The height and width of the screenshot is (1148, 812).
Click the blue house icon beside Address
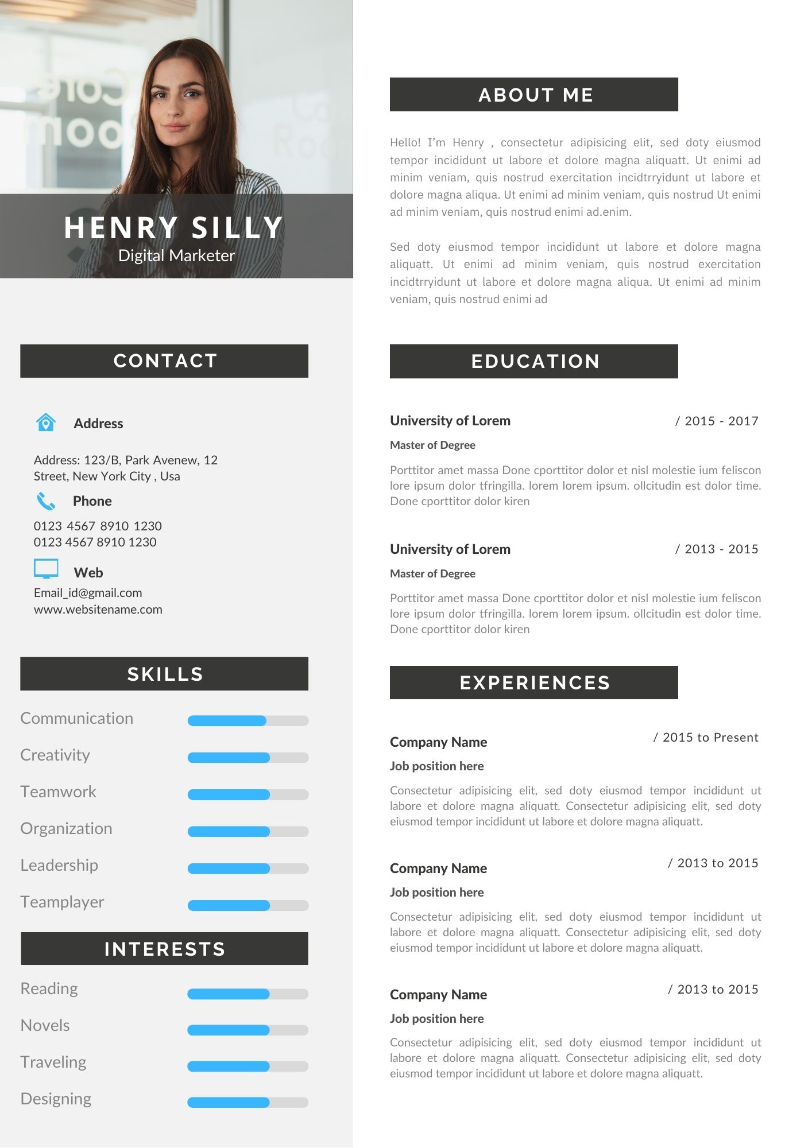[46, 422]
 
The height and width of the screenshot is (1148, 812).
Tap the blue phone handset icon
[46, 501]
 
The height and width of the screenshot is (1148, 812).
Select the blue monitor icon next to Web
[46, 569]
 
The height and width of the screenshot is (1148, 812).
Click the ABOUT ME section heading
[533, 95]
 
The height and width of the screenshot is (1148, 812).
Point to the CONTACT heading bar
[164, 361]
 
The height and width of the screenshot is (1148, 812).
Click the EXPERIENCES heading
[533, 682]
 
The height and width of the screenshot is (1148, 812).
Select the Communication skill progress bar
[248, 721]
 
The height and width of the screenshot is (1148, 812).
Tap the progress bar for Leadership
[248, 868]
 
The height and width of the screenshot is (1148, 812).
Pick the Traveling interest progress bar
[248, 1066]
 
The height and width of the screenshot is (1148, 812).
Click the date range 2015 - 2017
[717, 421]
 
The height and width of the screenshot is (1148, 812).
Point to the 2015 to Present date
[706, 738]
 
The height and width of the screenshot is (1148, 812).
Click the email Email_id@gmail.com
[88, 593]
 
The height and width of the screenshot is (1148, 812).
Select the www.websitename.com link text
[98, 610]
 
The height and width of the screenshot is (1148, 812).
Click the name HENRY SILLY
[173, 228]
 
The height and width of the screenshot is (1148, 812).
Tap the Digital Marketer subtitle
[176, 256]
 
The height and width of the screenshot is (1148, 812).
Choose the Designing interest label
[56, 1099]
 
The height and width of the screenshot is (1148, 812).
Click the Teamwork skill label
[58, 792]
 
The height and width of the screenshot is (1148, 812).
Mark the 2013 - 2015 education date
[717, 549]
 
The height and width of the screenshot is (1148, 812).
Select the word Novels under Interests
[45, 1025]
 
